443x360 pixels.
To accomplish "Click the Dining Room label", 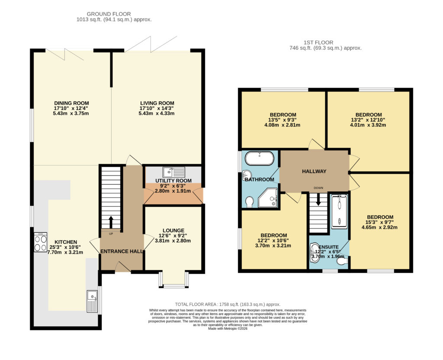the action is tap(71, 103).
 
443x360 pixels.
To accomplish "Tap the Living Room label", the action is tap(157, 103).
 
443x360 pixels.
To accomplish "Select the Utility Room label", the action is tap(173, 181).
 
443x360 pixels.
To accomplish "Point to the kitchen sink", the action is tap(93, 302).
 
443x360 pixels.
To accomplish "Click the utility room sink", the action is tap(174, 172).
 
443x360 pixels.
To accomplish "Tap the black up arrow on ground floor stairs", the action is tap(111, 222).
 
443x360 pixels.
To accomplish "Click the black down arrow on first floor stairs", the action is tap(318, 200).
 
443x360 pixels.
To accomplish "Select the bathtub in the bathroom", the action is tap(260, 158).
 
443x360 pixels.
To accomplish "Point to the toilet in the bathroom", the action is tap(249, 202).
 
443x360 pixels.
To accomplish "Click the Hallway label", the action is tap(314, 171).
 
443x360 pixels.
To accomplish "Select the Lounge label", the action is tap(173, 230).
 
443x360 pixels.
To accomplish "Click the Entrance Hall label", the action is tap(122, 252).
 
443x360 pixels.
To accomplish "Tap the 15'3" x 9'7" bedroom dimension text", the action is tap(380, 222).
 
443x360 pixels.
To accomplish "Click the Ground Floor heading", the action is tap(109, 14).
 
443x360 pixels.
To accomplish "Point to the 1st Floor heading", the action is tap(318, 42).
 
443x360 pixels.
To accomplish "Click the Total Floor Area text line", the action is tap(228, 304).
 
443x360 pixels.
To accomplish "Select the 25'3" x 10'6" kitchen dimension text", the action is tap(65, 247).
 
